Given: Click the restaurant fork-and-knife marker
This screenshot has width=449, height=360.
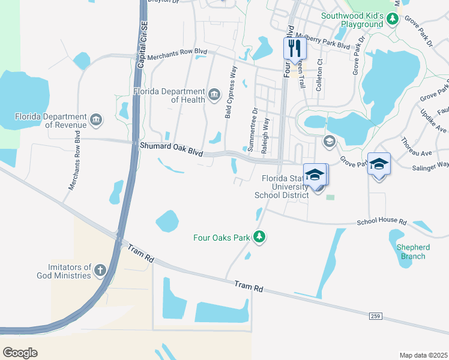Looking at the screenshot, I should tap(295, 48).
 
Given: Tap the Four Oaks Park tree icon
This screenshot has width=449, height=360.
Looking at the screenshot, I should tap(259, 238).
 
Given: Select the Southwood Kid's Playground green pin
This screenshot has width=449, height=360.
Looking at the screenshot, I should tap(393, 20).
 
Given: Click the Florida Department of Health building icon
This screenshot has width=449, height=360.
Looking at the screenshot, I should tap(214, 94).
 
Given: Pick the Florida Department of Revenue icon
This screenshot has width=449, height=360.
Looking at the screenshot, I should tap(96, 120).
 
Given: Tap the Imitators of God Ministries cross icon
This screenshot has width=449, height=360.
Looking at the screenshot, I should tap(100, 271).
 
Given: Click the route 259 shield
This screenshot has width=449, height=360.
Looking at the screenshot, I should tap(376, 316).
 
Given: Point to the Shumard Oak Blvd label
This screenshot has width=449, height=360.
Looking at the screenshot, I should tap(171, 149).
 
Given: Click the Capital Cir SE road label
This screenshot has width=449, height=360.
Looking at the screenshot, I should tap(142, 44).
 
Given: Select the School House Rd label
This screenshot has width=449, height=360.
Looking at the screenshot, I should tap(381, 221).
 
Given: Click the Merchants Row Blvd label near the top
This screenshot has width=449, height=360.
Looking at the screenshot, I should tap(177, 53).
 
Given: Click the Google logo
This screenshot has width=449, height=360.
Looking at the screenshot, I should tap(20, 352).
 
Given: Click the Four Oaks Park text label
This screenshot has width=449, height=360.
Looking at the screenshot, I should tap(221, 238).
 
